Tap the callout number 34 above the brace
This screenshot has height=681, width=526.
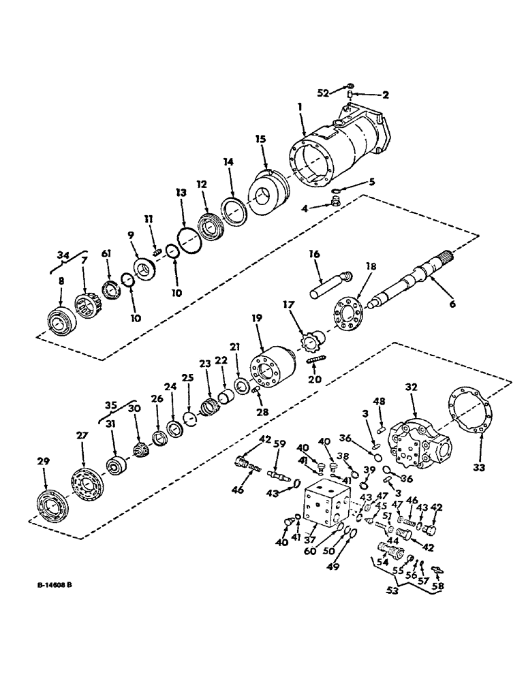pyautogui.click(x=63, y=256)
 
